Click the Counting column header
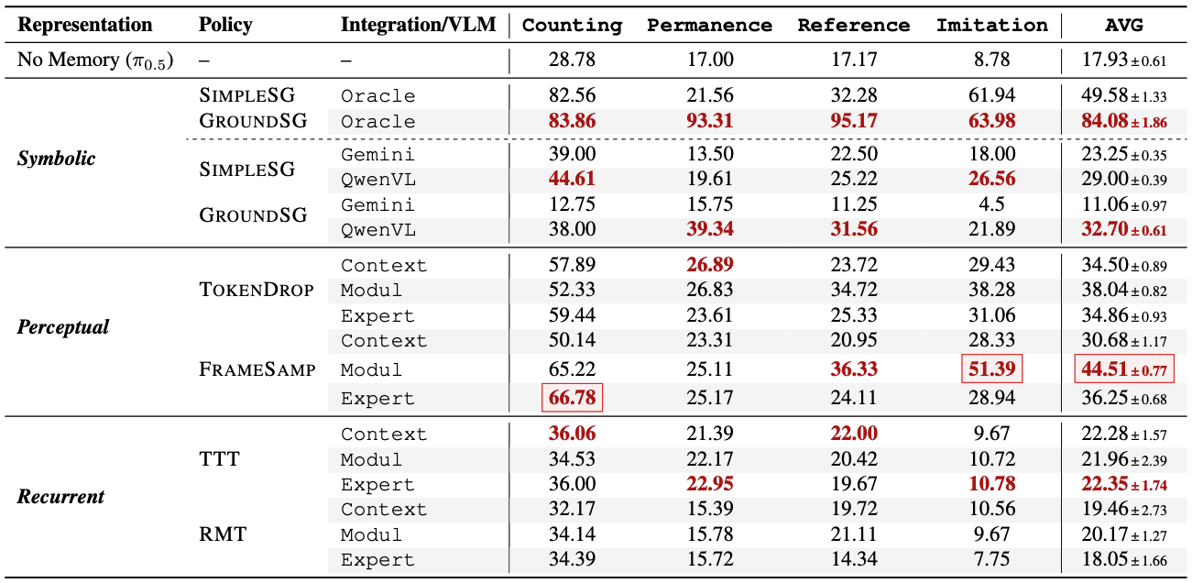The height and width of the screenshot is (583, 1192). click(x=572, y=25)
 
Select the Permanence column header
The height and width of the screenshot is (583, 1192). click(x=709, y=25)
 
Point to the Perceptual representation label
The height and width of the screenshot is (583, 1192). click(x=62, y=327)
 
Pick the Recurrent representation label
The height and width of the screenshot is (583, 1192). click(x=60, y=497)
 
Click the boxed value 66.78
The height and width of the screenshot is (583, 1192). click(x=572, y=398)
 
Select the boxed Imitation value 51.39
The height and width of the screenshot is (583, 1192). click(x=991, y=369)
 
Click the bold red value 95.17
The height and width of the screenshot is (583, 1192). click(x=853, y=121)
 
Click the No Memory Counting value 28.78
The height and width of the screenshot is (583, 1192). click(x=572, y=60)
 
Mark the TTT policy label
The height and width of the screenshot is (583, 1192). click(x=219, y=458)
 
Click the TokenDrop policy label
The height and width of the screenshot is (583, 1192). click(x=256, y=290)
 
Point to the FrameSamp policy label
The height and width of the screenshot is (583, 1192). click(x=257, y=369)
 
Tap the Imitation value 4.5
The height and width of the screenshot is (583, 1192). click(x=991, y=204)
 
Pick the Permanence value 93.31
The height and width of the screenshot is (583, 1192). click(x=709, y=121)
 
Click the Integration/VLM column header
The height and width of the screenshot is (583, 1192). click(x=418, y=25)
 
